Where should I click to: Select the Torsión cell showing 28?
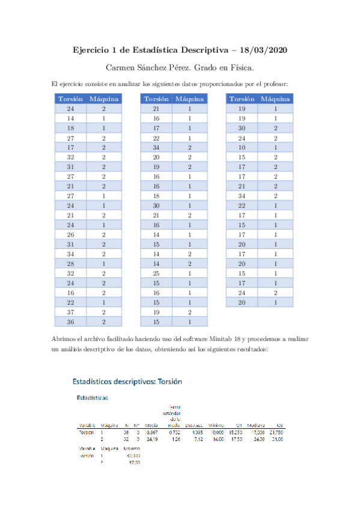click(x=70, y=264)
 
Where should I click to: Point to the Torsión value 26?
click(x=70, y=235)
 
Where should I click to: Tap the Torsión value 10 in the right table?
click(x=242, y=147)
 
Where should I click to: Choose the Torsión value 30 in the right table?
click(x=242, y=128)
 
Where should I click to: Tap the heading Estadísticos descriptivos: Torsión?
click(x=127, y=381)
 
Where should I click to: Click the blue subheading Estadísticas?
click(x=92, y=398)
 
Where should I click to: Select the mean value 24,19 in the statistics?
click(x=152, y=439)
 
